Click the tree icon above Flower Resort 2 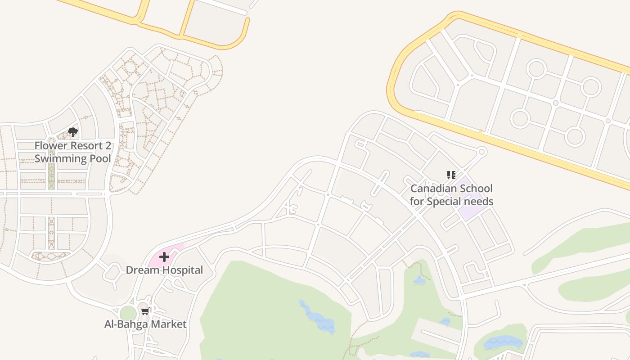(x=73, y=132)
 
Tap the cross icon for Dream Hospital (x=164, y=257)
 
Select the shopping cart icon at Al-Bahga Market (x=145, y=311)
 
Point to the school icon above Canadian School (x=451, y=175)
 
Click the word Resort (x=86, y=146)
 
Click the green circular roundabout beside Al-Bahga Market (x=128, y=313)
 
